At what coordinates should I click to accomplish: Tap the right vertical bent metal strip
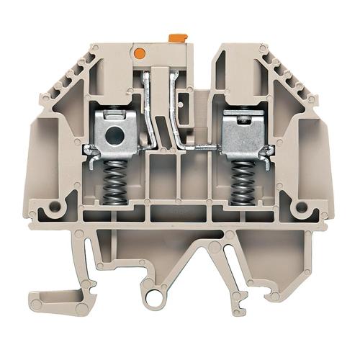point(176,108)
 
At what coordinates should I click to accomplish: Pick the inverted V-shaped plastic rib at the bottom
point(215,256)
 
